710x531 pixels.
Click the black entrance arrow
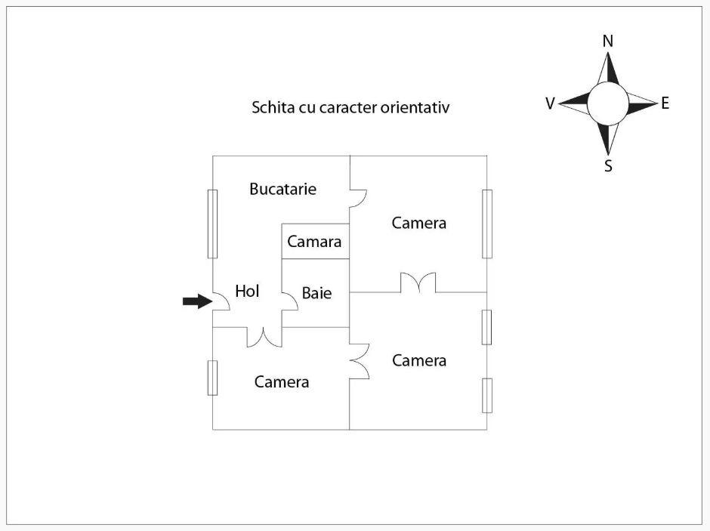[196, 301]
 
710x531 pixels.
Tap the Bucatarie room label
[282, 189]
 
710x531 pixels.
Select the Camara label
[314, 242]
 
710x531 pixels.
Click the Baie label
[316, 293]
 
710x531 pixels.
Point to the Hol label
[247, 291]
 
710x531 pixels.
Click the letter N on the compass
[608, 42]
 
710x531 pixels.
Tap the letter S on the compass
[608, 166]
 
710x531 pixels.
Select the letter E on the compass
[665, 103]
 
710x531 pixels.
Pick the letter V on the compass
[551, 103]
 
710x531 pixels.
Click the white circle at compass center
[607, 103]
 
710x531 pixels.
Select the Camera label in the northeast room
[418, 223]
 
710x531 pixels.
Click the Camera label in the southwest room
[281, 381]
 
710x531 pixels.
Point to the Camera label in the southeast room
[418, 360]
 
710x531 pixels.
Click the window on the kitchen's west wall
[212, 224]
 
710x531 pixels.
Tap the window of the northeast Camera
[487, 224]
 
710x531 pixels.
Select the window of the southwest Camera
[212, 378]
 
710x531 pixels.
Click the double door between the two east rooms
[418, 283]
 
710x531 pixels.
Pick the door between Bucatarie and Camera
[358, 196]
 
